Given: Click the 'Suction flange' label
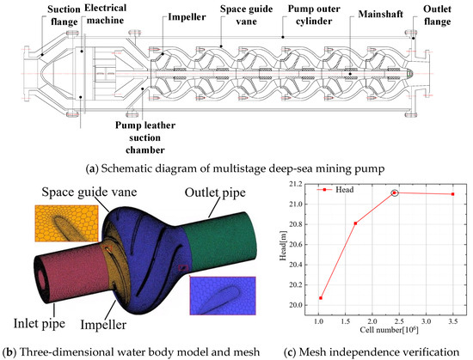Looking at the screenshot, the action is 64,15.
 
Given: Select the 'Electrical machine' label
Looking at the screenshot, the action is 105,14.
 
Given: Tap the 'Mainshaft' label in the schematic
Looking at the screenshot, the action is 381,14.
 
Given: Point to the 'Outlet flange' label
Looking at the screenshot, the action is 437,15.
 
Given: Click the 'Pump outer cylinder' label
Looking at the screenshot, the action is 314,15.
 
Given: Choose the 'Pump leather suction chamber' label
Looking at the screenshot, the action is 145,137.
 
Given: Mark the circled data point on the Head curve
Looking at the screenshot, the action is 394,192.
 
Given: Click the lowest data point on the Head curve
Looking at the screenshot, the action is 321,298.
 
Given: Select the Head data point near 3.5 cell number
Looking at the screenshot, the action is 452,194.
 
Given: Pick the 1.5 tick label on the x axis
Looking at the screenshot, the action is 346,321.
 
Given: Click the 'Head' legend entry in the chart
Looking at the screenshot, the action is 335,190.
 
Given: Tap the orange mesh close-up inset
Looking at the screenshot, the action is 67,223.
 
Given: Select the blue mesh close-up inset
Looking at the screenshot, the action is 223,296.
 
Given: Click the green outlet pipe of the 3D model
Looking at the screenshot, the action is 220,238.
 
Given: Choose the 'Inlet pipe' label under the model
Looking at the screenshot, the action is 40,324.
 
